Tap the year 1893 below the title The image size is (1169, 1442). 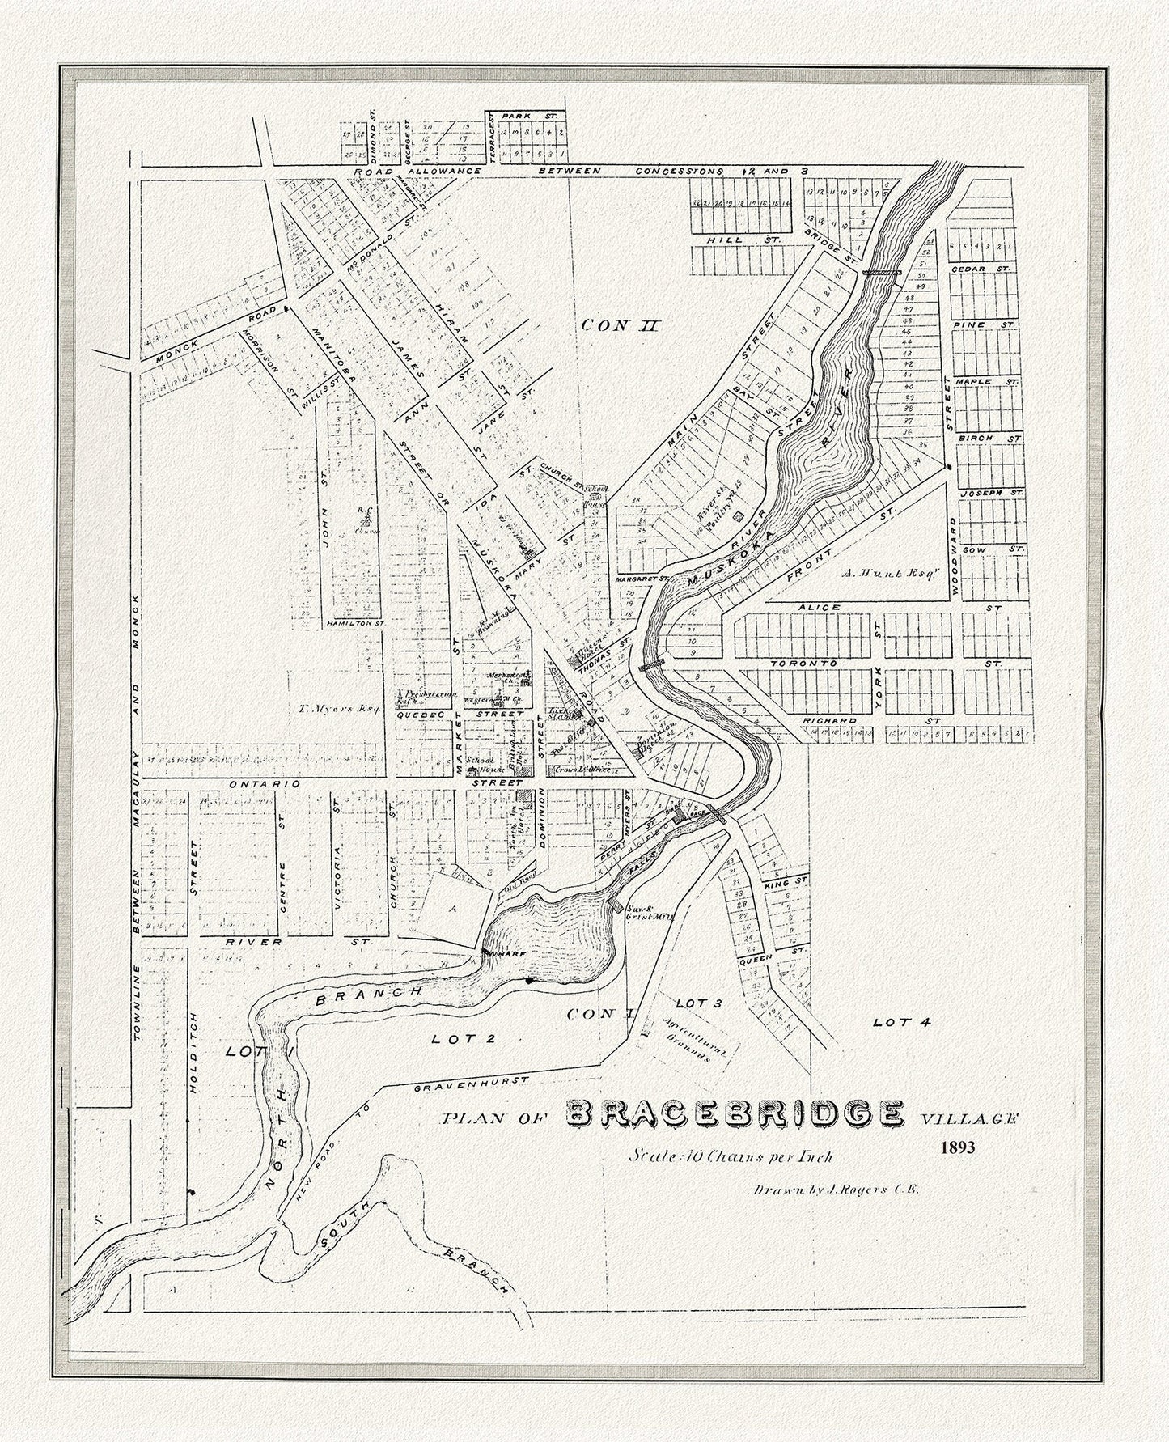click(x=959, y=1147)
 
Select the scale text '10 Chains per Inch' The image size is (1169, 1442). click(x=732, y=1156)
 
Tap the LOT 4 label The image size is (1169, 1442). click(x=902, y=1023)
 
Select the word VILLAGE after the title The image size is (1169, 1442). click(x=970, y=1118)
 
